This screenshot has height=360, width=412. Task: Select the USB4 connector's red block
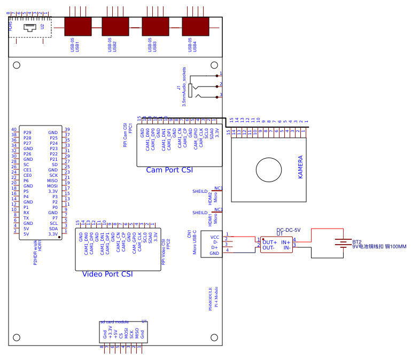tap(195, 27)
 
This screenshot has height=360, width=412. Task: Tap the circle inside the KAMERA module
tap(268, 170)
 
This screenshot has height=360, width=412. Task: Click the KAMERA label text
tap(300, 167)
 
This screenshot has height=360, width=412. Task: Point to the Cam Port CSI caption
tap(169, 170)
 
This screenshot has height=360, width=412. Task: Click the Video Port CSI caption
tap(107, 274)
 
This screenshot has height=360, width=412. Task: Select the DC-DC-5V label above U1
tap(288, 230)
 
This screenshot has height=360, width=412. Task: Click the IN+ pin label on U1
tap(286, 242)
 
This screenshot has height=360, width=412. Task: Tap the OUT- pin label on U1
tap(268, 248)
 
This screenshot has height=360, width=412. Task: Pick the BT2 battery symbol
tap(343, 243)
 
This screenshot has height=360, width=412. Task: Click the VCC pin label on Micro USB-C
tap(214, 237)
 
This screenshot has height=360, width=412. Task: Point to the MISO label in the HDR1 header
tap(52, 181)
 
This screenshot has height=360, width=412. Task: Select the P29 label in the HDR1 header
tap(27, 132)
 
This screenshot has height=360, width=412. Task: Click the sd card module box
tap(123, 332)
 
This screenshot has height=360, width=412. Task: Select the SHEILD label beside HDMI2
tap(199, 191)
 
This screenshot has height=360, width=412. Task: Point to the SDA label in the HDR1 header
tap(53, 229)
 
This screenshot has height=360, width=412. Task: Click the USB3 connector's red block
tap(155, 27)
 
